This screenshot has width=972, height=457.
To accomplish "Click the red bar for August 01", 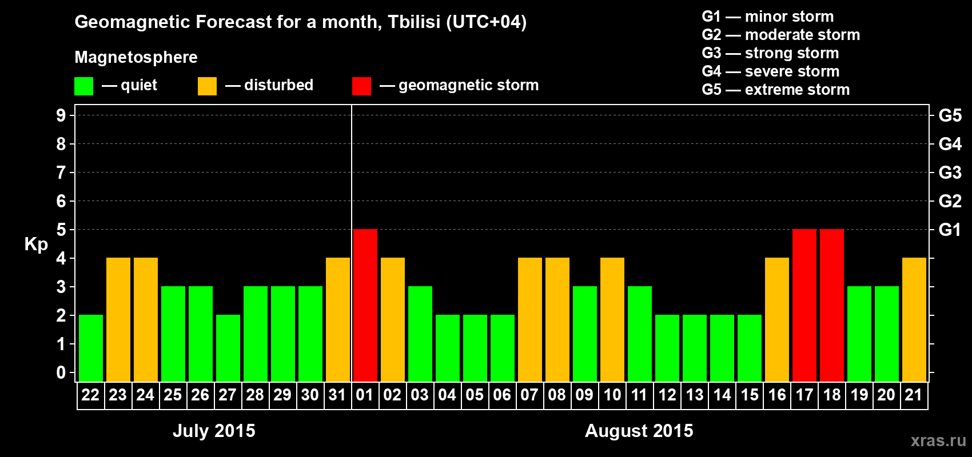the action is pyautogui.click(x=365, y=305).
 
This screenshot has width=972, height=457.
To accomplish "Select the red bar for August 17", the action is pyautogui.click(x=804, y=305).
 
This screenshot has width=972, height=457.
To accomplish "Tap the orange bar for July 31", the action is pyautogui.click(x=337, y=319).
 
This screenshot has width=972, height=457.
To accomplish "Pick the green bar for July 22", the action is pyautogui.click(x=91, y=348).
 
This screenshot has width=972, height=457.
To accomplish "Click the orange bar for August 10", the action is pyautogui.click(x=612, y=319).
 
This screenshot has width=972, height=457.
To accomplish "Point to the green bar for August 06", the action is pyautogui.click(x=503, y=348).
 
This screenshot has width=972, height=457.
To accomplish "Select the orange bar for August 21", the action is pyautogui.click(x=914, y=319).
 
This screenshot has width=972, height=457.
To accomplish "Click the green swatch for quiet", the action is pyautogui.click(x=83, y=86).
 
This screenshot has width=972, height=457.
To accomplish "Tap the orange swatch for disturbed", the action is pyautogui.click(x=207, y=86).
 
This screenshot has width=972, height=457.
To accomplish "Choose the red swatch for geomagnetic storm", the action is pyautogui.click(x=361, y=86).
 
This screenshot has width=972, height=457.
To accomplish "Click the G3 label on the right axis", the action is pyautogui.click(x=950, y=173).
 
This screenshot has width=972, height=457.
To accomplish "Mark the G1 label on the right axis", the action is pyautogui.click(x=950, y=230).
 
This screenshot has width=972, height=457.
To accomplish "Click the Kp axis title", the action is pyautogui.click(x=36, y=244).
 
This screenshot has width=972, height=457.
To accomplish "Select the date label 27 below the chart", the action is pyautogui.click(x=228, y=395).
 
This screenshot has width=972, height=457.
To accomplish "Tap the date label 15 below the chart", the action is pyautogui.click(x=750, y=395).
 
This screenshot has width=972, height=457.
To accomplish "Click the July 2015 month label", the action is pyautogui.click(x=214, y=431).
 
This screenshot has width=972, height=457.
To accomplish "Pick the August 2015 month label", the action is pyautogui.click(x=639, y=431).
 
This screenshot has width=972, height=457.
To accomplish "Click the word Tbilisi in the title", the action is pyautogui.click(x=414, y=22).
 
